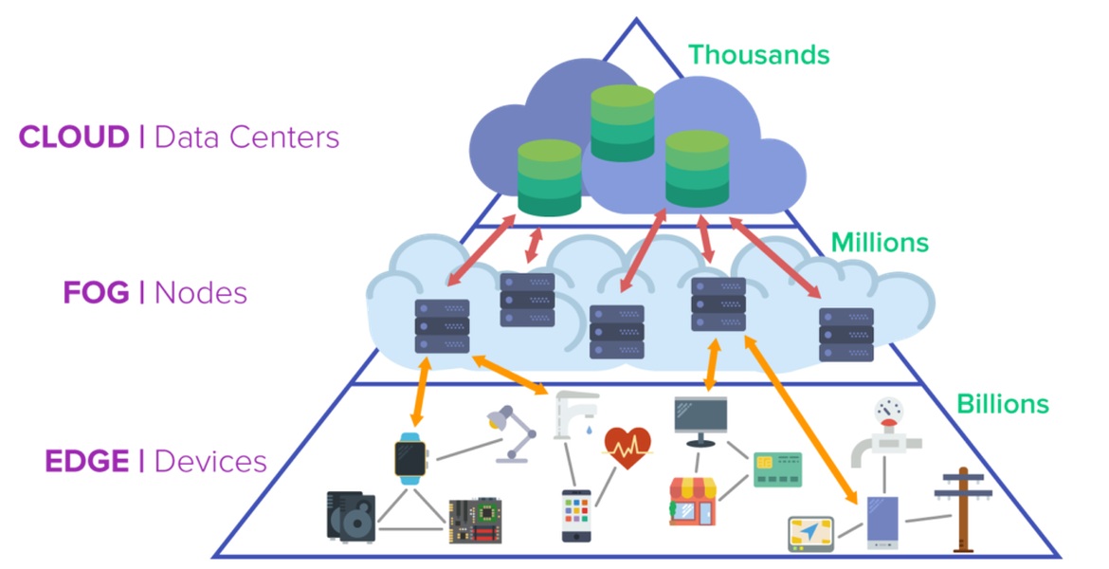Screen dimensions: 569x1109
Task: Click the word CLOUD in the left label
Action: [x=74, y=138]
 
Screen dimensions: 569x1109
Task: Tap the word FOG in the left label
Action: [x=96, y=293]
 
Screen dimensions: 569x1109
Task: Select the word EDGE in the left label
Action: [x=87, y=462]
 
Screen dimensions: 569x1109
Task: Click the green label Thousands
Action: [x=758, y=55]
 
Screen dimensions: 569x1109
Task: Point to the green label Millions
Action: [x=880, y=243]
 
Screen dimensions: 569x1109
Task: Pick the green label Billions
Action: [x=1003, y=404]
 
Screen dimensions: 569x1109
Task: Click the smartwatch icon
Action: [x=410, y=458]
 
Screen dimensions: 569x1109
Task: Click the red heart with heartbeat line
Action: [x=627, y=446]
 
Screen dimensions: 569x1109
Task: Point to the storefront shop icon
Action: [x=695, y=501]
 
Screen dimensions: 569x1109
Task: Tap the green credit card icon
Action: [x=777, y=468]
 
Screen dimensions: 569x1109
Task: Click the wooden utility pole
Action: [x=962, y=507]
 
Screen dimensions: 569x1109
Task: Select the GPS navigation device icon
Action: [x=811, y=534]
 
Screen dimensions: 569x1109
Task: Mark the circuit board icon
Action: [x=475, y=520]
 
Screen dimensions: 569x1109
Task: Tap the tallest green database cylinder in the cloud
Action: [x=622, y=123]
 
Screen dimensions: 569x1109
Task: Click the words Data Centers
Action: [x=246, y=138]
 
